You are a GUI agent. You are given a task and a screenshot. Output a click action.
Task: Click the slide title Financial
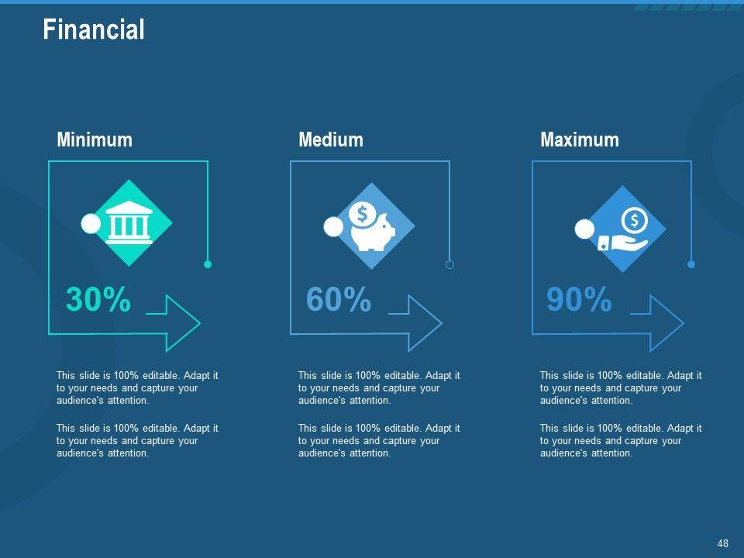[94, 29]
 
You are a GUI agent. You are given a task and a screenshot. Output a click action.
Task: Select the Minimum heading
[95, 140]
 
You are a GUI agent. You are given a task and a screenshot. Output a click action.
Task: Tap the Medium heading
[331, 140]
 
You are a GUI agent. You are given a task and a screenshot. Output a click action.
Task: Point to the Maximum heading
[580, 140]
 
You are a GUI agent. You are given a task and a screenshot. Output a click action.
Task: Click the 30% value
[98, 299]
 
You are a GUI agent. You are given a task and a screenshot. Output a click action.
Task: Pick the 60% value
[339, 299]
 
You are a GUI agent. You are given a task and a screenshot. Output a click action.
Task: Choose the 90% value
[579, 299]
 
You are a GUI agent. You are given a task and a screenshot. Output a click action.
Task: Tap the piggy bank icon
[373, 227]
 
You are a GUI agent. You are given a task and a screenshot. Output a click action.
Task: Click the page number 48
[722, 543]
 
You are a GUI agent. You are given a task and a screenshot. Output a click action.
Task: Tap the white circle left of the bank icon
[91, 223]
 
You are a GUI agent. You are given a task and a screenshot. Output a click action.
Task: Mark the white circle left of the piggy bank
[333, 227]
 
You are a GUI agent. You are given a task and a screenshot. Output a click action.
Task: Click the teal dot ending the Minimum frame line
[208, 264]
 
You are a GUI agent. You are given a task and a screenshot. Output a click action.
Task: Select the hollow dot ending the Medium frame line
[449, 264]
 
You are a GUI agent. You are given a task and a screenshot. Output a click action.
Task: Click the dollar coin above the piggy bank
[363, 214]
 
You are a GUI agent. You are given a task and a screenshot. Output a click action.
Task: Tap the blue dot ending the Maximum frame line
[691, 264]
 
